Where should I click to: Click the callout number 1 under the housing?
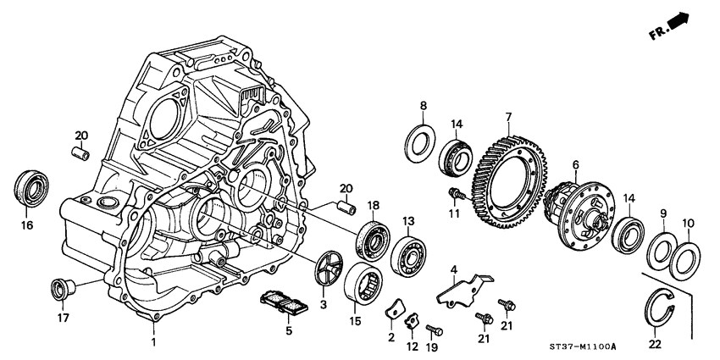click(154, 341)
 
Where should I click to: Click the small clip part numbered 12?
click(410, 320)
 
